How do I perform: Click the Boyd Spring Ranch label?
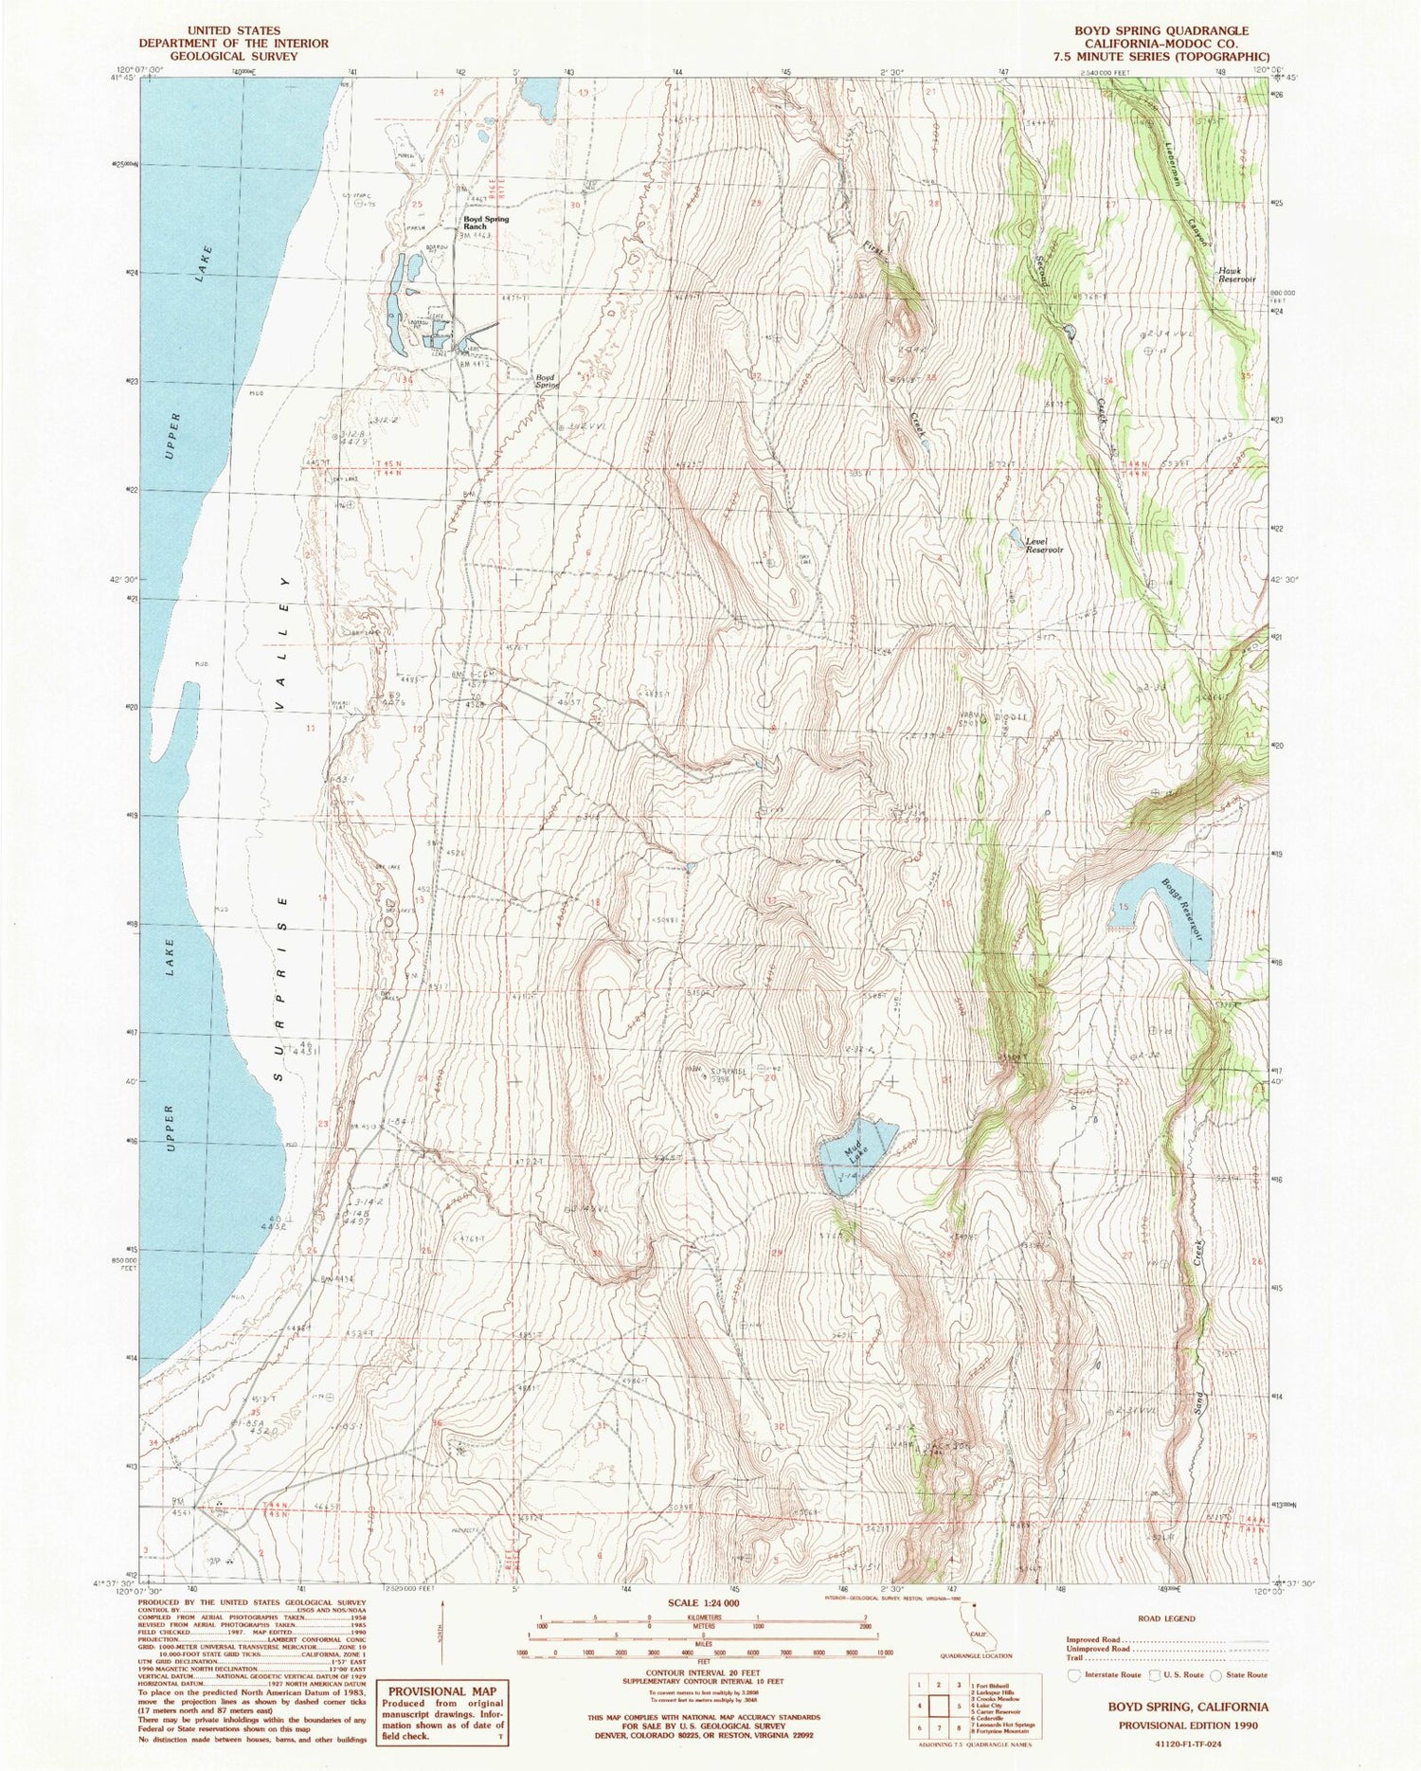coord(486,224)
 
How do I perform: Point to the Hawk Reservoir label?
coord(1235,275)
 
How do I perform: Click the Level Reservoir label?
coord(1045,545)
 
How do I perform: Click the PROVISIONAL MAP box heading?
coord(442,1690)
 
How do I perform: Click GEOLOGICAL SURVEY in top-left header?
coord(233,56)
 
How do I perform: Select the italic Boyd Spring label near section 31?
coord(547,381)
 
